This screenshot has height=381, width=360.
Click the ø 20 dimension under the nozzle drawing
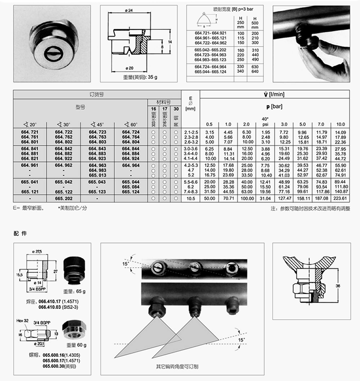(130, 68)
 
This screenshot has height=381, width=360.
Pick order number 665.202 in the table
(63, 197)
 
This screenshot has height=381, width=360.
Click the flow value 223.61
(340, 197)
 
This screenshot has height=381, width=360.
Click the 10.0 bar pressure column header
(340, 125)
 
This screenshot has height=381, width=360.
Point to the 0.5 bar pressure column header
(209, 125)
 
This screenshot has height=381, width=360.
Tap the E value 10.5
(190, 197)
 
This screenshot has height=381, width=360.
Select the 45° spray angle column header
(97, 125)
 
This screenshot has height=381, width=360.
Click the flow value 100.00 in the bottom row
(246, 197)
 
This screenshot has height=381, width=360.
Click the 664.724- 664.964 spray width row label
(209, 66)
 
